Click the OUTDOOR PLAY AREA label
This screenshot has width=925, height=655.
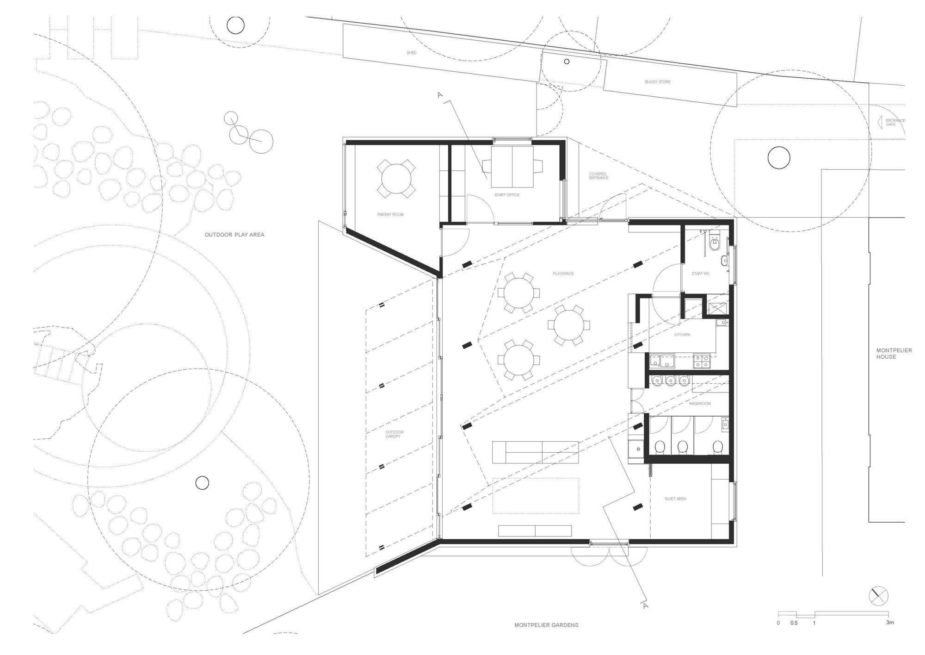(234, 235)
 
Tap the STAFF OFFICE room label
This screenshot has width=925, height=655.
(507, 195)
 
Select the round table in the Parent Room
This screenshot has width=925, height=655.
(396, 179)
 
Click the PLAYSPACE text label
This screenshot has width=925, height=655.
(563, 274)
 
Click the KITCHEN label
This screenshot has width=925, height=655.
(682, 335)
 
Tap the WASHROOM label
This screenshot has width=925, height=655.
(700, 404)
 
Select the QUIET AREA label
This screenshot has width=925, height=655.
(675, 499)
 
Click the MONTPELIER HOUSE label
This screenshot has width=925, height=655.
(888, 354)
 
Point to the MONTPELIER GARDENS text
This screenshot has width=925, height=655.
(546, 625)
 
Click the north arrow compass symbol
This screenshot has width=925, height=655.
(878, 596)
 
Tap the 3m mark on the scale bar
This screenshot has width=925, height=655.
(890, 623)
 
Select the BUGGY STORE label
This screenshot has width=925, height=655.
(658, 82)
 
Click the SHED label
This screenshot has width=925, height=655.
(411, 53)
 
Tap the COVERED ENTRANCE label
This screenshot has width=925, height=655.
(598, 176)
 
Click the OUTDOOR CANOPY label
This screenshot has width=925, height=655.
(395, 434)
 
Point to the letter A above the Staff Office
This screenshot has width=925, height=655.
(440, 95)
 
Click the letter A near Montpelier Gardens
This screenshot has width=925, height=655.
(646, 605)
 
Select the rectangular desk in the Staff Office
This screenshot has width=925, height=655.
(512, 166)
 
